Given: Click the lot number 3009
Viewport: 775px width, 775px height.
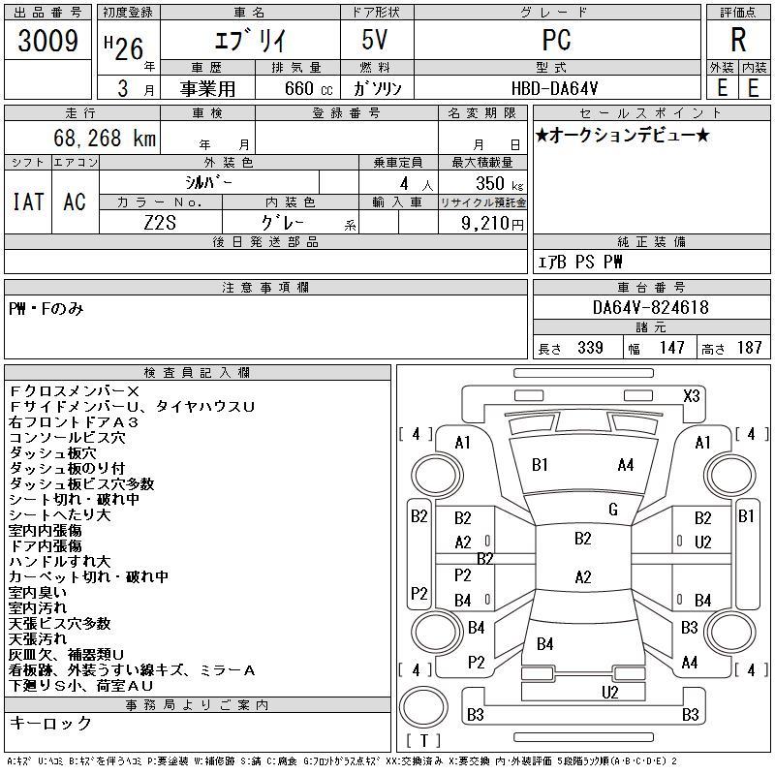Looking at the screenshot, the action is point(47,41).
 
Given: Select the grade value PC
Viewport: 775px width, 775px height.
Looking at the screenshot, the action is point(556,40).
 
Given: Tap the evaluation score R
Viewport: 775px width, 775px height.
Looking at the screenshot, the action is point(738,40).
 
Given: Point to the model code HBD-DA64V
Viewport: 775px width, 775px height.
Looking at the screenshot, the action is point(554,88).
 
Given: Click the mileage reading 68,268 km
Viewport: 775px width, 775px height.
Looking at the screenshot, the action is point(105,138).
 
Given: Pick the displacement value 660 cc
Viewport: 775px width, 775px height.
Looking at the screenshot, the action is point(308,88).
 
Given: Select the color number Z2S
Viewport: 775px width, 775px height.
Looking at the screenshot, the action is point(160,223).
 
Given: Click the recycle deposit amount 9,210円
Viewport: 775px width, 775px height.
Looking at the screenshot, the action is point(492,223).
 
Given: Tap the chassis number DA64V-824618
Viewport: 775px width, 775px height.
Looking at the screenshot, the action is point(650,307).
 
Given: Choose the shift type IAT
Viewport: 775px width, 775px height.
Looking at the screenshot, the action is point(28,201).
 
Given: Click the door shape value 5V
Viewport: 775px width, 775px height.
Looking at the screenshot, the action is point(375,40).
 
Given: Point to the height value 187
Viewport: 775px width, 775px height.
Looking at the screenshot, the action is point(749,348).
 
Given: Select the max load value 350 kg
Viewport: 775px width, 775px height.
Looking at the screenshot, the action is point(499,184).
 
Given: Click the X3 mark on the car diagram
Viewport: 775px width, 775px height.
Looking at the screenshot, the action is point(692,396).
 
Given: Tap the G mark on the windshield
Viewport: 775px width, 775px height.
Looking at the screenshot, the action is point(613,510).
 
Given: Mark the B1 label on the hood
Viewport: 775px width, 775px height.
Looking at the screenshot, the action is point(540,465).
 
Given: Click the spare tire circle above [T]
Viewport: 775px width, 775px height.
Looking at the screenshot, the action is point(423,706).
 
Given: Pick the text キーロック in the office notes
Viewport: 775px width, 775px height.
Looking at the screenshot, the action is point(50,723).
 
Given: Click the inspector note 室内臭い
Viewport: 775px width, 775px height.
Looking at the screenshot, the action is point(38,593).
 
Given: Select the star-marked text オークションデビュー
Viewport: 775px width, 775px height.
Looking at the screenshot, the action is point(622,135).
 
